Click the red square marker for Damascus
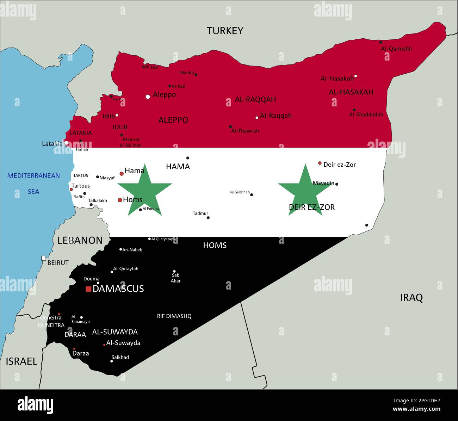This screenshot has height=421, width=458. pyautogui.click(x=88, y=289)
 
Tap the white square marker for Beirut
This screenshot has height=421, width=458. pyautogui.click(x=43, y=258)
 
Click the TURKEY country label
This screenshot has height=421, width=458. pyautogui.click(x=225, y=31)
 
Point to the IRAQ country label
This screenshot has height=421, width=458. pyautogui.click(x=411, y=298)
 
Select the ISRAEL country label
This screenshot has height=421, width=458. pyautogui.click(x=21, y=361)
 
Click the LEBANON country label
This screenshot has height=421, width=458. pyautogui.click(x=80, y=240)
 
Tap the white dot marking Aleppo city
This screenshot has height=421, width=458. pyautogui.click(x=148, y=97)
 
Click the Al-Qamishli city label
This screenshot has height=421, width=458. pyautogui.click(x=396, y=49)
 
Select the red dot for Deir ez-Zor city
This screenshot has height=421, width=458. pyautogui.click(x=320, y=163)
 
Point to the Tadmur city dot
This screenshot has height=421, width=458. pyautogui.click(x=208, y=218)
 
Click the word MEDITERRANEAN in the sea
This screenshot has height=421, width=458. pyautogui.click(x=34, y=175)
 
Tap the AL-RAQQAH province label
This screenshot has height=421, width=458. pyautogui.click(x=255, y=99)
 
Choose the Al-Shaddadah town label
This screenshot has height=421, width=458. pyautogui.click(x=366, y=114)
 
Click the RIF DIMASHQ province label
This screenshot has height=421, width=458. pyautogui.click(x=174, y=316)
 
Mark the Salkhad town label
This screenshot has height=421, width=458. pyautogui.click(x=120, y=357)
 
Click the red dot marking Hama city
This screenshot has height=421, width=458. pyautogui.click(x=122, y=173)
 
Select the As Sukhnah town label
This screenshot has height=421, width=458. pyautogui.click(x=240, y=192)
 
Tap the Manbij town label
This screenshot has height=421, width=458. pyautogui.click(x=187, y=73)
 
